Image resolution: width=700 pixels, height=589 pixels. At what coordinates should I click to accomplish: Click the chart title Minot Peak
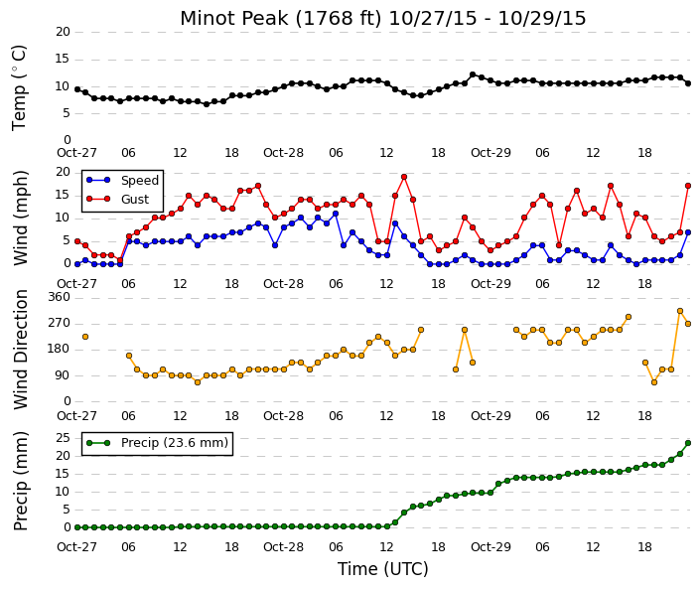[234, 18]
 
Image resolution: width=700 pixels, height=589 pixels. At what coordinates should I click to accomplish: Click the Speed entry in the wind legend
[123, 181]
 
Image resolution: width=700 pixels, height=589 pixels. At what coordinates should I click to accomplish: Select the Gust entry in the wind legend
[118, 200]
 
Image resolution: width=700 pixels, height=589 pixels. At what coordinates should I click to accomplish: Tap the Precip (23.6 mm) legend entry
[157, 443]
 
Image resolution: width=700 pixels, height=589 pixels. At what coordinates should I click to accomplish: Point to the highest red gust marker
[404, 177]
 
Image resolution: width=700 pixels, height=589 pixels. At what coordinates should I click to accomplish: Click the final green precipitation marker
[688, 443]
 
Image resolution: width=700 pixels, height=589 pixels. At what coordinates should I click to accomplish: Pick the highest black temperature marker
[473, 74]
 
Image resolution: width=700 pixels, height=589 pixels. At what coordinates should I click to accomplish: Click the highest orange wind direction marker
[680, 311]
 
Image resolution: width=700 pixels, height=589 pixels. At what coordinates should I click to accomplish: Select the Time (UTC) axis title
[382, 569]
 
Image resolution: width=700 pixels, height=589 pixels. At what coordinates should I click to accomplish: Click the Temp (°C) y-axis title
[20, 88]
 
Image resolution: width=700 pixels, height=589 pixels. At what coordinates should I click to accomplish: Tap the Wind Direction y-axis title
[21, 350]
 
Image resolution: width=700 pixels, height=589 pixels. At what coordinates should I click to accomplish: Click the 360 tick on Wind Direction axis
[60, 297]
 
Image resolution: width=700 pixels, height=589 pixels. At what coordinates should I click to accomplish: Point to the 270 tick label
[60, 323]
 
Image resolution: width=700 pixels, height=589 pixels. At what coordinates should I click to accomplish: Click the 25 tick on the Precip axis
[63, 438]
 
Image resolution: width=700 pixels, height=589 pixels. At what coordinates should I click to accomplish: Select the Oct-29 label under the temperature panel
[490, 153]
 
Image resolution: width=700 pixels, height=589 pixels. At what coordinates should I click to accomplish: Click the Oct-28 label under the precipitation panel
[284, 547]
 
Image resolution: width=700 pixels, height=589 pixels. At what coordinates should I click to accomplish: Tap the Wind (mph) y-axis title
[21, 218]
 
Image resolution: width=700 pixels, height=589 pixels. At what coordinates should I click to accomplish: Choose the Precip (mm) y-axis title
[21, 481]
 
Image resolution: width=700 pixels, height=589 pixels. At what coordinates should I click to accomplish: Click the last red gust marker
[688, 186]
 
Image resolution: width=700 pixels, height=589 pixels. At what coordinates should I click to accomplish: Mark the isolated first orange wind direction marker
[85, 337]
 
